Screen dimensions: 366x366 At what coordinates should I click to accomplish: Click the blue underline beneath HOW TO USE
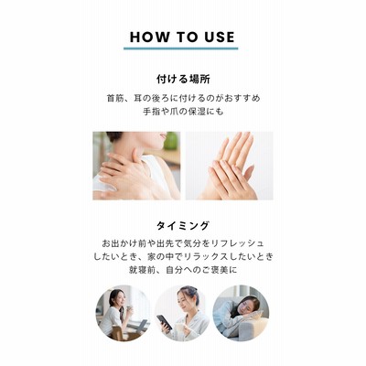coord(181,48)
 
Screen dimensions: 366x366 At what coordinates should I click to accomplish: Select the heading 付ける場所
coord(183,80)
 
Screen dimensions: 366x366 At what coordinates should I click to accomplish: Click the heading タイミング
coord(183,226)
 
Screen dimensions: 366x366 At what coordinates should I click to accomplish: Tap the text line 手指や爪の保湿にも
coord(183,112)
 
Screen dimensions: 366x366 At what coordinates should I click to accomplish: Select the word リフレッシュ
coord(237,243)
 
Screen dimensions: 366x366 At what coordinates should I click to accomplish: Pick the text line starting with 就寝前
coord(183,270)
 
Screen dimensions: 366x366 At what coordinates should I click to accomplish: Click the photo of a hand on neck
coord(136,166)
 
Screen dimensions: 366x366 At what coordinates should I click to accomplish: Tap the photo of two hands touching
coord(230,166)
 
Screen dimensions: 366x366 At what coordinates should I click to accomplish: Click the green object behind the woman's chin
coord(171,141)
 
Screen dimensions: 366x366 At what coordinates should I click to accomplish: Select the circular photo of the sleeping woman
coord(241,313)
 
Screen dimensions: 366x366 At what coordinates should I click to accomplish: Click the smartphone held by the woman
coord(164,322)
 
